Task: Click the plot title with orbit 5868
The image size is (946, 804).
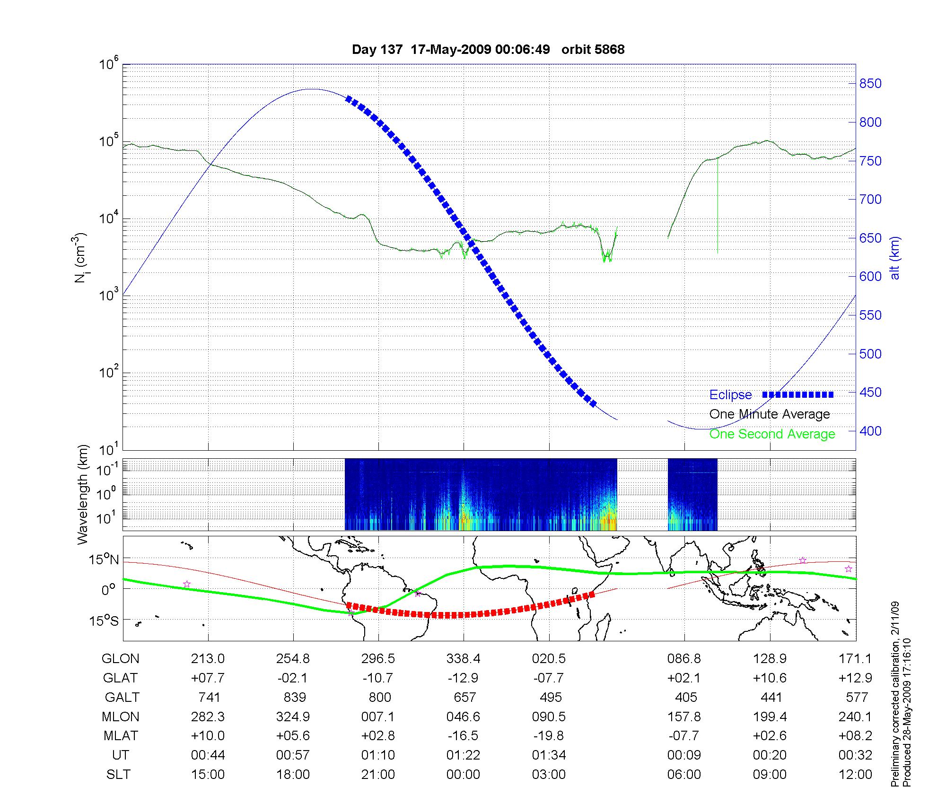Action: [488, 50]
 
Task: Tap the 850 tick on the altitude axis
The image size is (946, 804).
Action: [870, 84]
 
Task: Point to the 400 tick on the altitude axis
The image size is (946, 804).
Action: [870, 431]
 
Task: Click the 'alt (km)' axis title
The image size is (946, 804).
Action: [894, 258]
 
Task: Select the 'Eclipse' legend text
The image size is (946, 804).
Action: [730, 395]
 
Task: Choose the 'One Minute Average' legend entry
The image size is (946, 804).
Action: [770, 414]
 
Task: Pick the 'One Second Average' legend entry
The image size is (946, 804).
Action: [772, 434]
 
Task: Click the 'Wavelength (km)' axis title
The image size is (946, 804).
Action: [83, 494]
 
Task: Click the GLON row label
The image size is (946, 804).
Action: [121, 659]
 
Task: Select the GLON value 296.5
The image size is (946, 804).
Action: [378, 659]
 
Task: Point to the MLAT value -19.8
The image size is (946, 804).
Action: [549, 736]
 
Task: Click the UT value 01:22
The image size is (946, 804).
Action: [463, 755]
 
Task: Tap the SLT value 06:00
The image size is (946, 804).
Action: [684, 775]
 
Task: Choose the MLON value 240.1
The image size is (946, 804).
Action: [855, 717]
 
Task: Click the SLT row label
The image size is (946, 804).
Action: [118, 775]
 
